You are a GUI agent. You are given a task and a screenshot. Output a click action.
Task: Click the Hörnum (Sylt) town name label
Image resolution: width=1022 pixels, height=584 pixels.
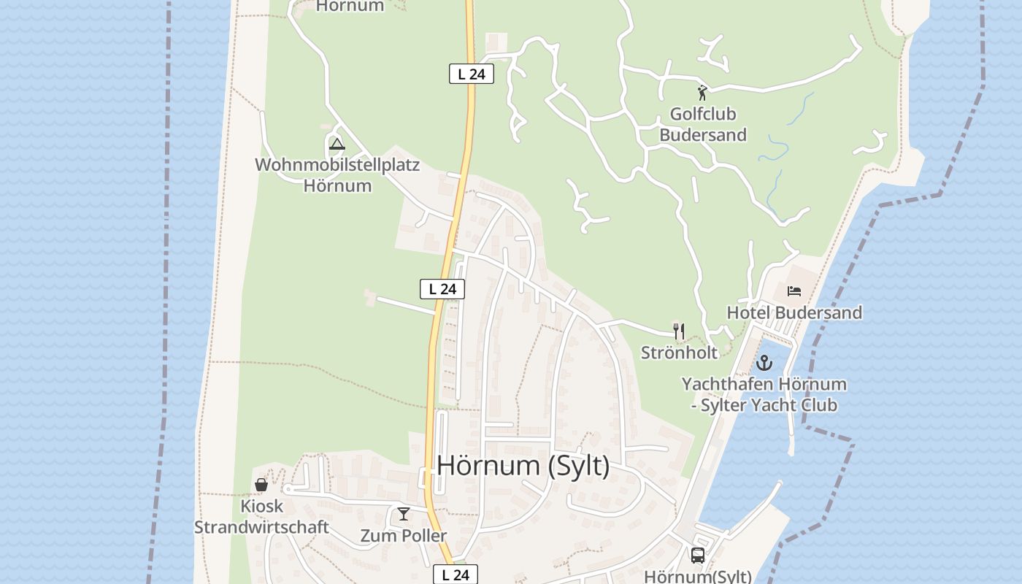[x=523, y=465]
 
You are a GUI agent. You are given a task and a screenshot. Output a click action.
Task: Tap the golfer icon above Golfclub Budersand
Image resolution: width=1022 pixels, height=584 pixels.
[x=702, y=93]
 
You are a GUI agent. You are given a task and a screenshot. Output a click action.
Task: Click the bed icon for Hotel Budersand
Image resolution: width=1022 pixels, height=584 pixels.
[x=794, y=291]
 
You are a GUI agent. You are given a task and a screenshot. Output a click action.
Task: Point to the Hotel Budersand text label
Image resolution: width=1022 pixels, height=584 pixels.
[x=794, y=312]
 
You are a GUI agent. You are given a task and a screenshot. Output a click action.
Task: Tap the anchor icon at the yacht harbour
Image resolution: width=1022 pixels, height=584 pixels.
[x=764, y=362]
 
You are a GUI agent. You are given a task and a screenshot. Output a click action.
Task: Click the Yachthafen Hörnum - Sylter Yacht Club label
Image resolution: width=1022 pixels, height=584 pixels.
[x=764, y=394]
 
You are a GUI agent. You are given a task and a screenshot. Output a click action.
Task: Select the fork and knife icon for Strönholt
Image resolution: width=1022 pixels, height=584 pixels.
[x=679, y=331]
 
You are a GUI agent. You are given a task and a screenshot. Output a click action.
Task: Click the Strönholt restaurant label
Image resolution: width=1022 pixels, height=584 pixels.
[x=679, y=353]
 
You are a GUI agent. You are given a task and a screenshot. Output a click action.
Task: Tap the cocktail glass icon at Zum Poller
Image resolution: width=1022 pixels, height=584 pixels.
[x=403, y=514]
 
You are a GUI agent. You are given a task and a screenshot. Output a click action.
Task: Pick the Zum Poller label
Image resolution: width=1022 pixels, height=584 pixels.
[x=403, y=536]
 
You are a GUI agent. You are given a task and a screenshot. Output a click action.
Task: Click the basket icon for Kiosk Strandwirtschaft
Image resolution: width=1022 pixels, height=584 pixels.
[x=261, y=484]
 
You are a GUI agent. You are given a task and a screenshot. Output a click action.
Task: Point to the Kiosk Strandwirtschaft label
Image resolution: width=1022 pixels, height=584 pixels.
[x=261, y=516]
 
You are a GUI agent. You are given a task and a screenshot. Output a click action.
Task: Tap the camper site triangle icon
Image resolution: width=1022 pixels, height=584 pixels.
[x=337, y=143]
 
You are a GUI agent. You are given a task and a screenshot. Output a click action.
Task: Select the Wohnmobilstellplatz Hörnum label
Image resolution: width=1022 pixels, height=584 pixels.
[x=337, y=175]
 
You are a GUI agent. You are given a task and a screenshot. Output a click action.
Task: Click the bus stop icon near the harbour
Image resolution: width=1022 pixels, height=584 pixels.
[x=697, y=555]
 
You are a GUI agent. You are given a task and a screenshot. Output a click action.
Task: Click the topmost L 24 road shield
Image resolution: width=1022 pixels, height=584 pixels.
[x=471, y=74]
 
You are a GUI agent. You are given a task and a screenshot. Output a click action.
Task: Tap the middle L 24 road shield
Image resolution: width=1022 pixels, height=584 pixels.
[x=442, y=289]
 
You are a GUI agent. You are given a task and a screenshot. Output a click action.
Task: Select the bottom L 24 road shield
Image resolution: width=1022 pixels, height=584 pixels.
[x=456, y=575]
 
